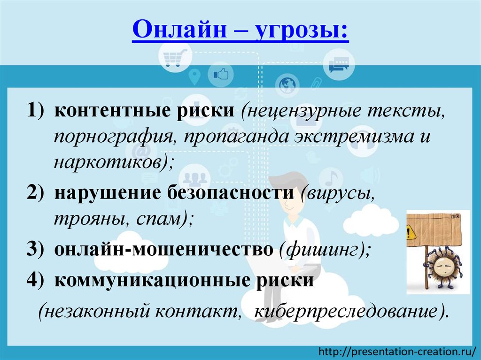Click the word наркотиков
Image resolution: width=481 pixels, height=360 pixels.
pos(109,162)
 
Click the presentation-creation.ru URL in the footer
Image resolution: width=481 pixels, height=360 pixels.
pos(397,351)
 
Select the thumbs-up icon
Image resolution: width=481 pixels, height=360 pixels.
pos(220,74)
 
